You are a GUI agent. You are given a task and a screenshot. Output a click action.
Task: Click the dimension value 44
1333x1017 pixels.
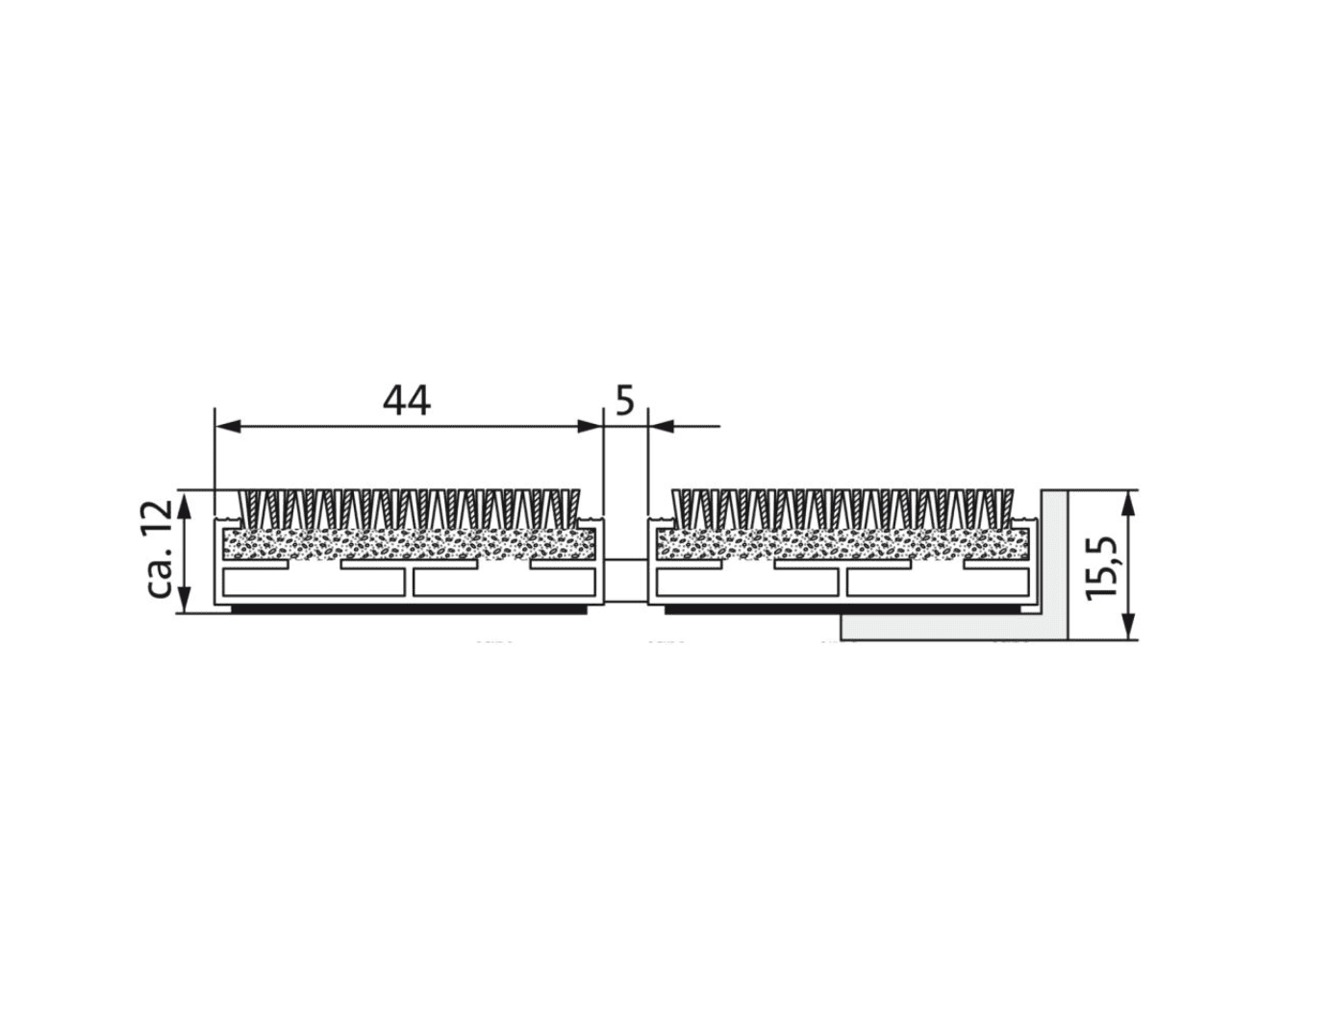406,400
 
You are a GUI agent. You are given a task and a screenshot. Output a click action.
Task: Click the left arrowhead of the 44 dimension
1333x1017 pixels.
229,426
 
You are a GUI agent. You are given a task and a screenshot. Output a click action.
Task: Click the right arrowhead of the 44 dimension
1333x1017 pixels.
589,426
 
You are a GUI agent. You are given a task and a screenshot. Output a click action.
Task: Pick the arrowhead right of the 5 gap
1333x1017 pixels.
662,426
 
